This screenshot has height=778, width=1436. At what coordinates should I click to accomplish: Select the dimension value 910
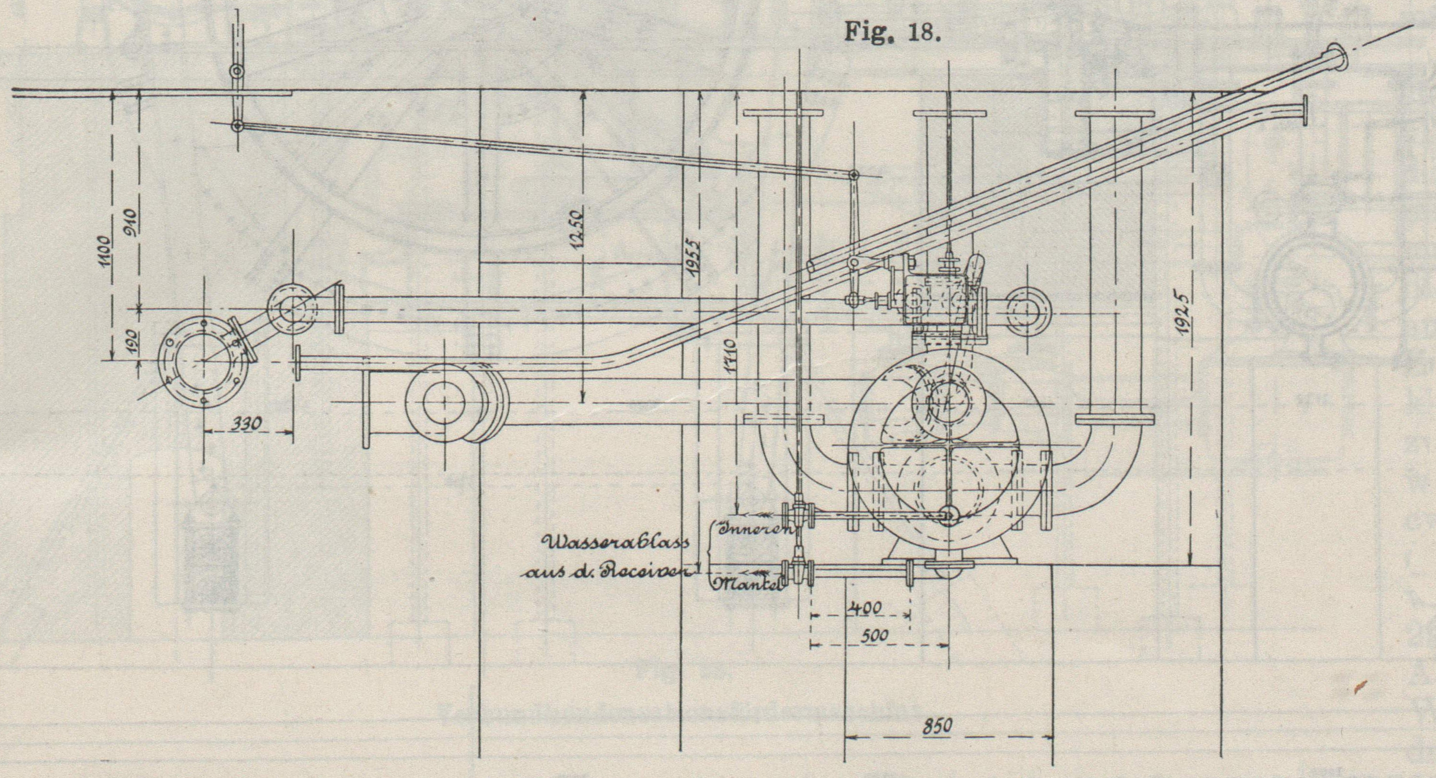133,223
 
